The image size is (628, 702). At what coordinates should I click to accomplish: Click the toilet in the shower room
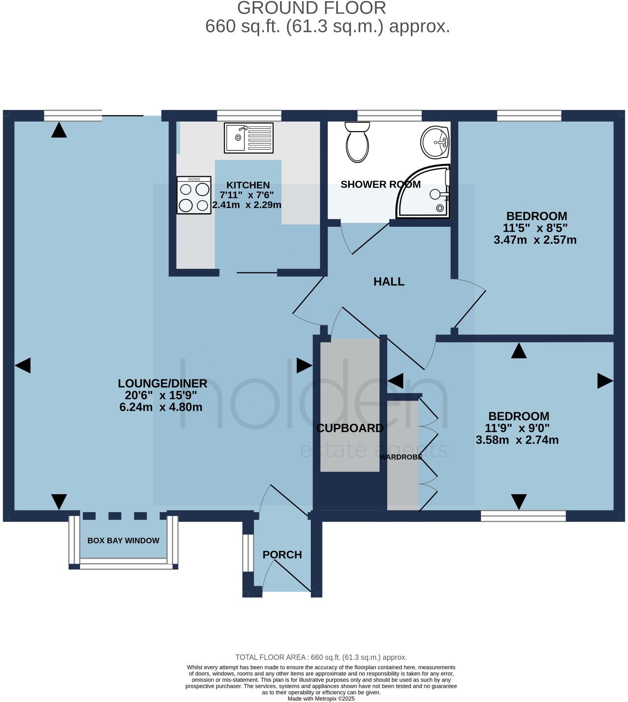(357, 142)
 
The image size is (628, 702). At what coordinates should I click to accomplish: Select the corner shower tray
(423, 191)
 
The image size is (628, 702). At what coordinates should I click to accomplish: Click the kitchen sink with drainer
(249, 138)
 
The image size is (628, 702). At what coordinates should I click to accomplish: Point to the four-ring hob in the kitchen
(194, 195)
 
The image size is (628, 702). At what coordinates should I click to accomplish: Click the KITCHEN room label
(248, 185)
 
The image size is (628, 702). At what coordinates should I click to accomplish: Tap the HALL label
(389, 282)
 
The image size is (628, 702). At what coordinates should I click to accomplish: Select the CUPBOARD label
(350, 428)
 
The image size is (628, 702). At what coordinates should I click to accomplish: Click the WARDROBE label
(401, 457)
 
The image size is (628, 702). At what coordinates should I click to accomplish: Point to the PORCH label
(282, 555)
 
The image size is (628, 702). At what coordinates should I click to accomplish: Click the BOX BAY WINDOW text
(123, 541)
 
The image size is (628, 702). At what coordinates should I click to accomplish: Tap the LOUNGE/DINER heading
(163, 383)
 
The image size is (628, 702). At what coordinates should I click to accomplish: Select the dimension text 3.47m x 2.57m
(535, 240)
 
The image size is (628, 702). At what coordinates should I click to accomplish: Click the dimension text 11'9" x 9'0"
(517, 428)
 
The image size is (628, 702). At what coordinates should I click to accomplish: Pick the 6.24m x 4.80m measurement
(161, 407)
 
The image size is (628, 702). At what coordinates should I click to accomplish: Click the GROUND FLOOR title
(312, 8)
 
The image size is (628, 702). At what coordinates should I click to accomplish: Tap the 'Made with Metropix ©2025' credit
(321, 699)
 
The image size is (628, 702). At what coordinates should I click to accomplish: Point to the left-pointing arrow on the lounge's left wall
(22, 366)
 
